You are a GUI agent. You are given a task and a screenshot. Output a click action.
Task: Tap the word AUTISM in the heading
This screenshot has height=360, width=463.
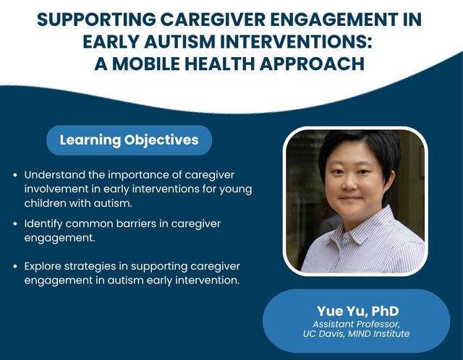(x=179, y=42)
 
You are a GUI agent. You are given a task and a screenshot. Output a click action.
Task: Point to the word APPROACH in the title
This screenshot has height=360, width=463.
(x=312, y=64)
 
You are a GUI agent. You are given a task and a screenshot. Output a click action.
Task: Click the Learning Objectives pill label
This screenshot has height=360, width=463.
(x=129, y=140)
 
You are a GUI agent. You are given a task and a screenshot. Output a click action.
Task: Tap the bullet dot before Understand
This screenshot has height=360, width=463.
(x=15, y=175)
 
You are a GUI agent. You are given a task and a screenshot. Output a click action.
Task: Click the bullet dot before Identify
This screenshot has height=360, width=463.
(x=15, y=224)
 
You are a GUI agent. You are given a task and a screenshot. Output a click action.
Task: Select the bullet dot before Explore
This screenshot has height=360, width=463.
(x=15, y=267)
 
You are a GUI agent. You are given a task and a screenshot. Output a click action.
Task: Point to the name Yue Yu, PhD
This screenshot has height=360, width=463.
(x=358, y=311)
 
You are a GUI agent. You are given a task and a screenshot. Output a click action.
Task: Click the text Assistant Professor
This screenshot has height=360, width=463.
(x=357, y=324)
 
